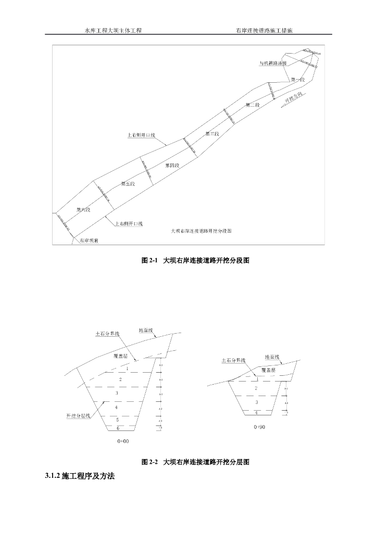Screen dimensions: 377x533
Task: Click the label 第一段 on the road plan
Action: [297, 80]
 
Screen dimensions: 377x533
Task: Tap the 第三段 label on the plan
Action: [212, 134]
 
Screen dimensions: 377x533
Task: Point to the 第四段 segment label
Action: [172, 165]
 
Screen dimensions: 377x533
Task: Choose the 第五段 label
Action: [128, 184]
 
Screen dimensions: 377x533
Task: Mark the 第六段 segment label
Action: [84, 210]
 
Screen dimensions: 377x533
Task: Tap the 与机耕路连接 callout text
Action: [273, 63]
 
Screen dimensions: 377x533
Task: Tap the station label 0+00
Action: [123, 441]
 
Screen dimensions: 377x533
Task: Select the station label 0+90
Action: [259, 427]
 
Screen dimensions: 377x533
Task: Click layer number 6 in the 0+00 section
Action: [118, 428]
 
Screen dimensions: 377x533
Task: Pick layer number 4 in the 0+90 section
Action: [256, 413]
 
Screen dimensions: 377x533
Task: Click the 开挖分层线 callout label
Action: [79, 416]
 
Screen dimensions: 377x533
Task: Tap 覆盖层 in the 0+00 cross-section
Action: [121, 356]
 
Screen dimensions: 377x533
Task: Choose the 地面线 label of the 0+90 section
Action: [272, 357]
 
